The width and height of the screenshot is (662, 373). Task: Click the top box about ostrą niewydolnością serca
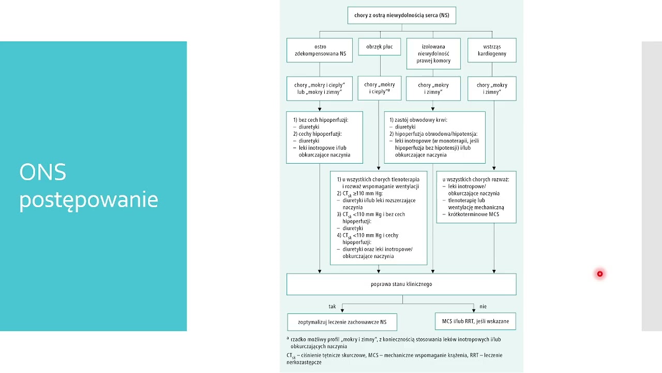click(x=402, y=16)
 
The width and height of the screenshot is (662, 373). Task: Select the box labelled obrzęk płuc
click(x=380, y=47)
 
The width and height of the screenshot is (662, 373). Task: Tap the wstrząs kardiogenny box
click(x=492, y=50)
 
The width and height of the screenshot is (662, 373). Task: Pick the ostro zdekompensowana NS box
click(x=320, y=50)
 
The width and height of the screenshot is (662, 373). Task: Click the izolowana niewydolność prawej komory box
click(x=433, y=53)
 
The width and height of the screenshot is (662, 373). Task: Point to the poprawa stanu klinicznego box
click(x=401, y=284)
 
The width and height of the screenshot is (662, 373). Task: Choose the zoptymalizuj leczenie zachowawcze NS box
click(x=342, y=322)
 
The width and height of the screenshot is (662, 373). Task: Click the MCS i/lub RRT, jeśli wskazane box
click(x=475, y=321)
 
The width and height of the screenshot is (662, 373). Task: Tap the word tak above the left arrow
click(x=332, y=306)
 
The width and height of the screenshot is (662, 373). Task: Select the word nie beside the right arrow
click(x=483, y=306)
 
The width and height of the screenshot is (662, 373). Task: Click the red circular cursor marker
click(x=599, y=274)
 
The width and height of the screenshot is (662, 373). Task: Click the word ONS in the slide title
click(x=42, y=172)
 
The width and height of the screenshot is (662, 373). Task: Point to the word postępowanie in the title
click(x=88, y=200)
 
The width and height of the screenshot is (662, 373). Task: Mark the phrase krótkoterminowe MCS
click(x=473, y=214)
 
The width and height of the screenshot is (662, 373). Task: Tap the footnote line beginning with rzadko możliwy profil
click(x=396, y=339)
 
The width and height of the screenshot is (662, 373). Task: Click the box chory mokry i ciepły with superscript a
click(x=380, y=88)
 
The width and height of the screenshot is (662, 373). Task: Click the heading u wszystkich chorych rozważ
click(x=476, y=179)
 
